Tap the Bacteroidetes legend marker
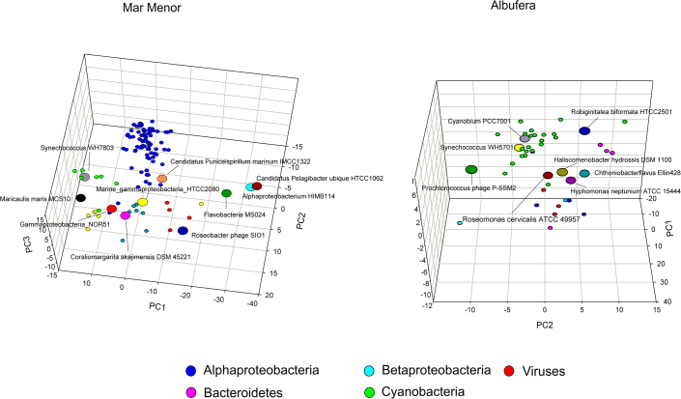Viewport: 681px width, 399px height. (x=192, y=390)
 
